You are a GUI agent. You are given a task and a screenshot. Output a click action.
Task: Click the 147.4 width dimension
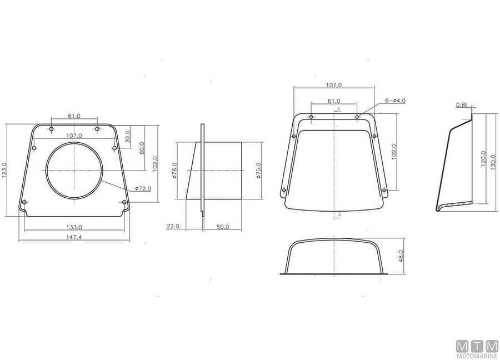point(74,237)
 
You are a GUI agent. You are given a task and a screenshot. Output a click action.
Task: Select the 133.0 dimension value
point(74,227)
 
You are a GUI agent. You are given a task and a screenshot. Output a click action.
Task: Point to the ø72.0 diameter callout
point(143,189)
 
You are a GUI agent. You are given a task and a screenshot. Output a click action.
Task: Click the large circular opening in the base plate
point(46,171)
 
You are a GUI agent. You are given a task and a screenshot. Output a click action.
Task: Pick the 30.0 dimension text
point(127,137)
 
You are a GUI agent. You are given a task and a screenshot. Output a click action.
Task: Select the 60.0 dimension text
point(142,148)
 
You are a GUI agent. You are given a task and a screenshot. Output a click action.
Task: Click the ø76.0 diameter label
point(174,171)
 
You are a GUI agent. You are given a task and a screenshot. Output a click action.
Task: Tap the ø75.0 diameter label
point(258,171)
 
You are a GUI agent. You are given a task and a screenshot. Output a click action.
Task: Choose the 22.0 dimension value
point(173,227)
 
